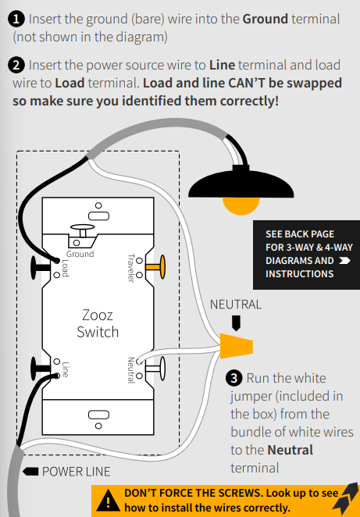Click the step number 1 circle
[16, 19]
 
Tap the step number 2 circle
[16, 65]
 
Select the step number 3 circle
[234, 378]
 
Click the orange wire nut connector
[237, 346]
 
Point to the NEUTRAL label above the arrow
[236, 305]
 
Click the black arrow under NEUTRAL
[236, 323]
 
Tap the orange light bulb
[241, 205]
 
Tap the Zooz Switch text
[98, 323]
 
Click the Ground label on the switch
[80, 254]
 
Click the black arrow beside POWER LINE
[30, 472]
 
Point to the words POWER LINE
[77, 472]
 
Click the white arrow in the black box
[344, 261]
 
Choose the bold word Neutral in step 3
[290, 450]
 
